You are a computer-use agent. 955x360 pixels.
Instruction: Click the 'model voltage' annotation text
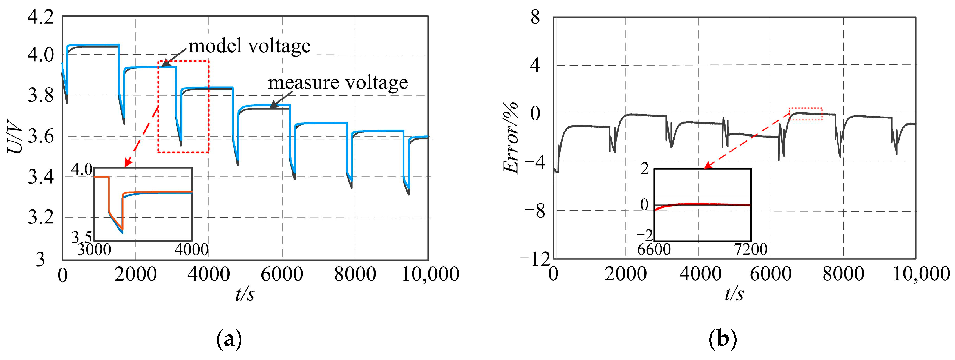pos(249,46)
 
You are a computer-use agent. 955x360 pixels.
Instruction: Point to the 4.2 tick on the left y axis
pos(41,17)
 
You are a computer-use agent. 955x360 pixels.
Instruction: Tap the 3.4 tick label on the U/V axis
pos(41,177)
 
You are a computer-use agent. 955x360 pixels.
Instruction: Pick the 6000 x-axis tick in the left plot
pos(282,275)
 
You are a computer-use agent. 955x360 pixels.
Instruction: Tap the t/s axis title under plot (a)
pos(245,295)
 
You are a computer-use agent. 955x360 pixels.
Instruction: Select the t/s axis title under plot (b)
pos(734,295)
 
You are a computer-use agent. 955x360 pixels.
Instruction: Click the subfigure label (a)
pos(229,339)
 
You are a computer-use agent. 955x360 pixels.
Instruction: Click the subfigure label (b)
pos(722,339)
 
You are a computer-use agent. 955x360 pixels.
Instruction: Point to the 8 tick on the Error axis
pos(535,17)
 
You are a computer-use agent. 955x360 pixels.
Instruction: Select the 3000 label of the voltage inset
pos(94,249)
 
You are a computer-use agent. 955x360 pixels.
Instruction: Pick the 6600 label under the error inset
pos(654,249)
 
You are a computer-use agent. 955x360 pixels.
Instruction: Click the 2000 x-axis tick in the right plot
pos(626,275)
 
